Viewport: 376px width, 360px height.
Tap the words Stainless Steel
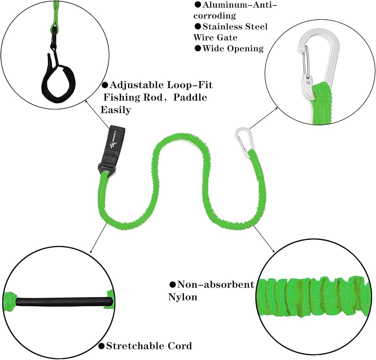(235, 26)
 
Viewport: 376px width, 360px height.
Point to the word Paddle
(190, 97)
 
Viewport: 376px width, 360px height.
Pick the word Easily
(116, 110)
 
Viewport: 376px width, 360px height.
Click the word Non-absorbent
(216, 285)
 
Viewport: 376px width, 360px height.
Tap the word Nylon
(183, 297)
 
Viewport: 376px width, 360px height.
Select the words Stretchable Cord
(149, 346)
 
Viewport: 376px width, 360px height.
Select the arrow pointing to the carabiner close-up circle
(264, 119)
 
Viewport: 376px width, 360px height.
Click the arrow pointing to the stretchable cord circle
(98, 238)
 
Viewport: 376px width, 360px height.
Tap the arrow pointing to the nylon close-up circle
(264, 239)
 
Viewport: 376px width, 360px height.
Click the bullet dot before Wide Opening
(198, 49)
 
